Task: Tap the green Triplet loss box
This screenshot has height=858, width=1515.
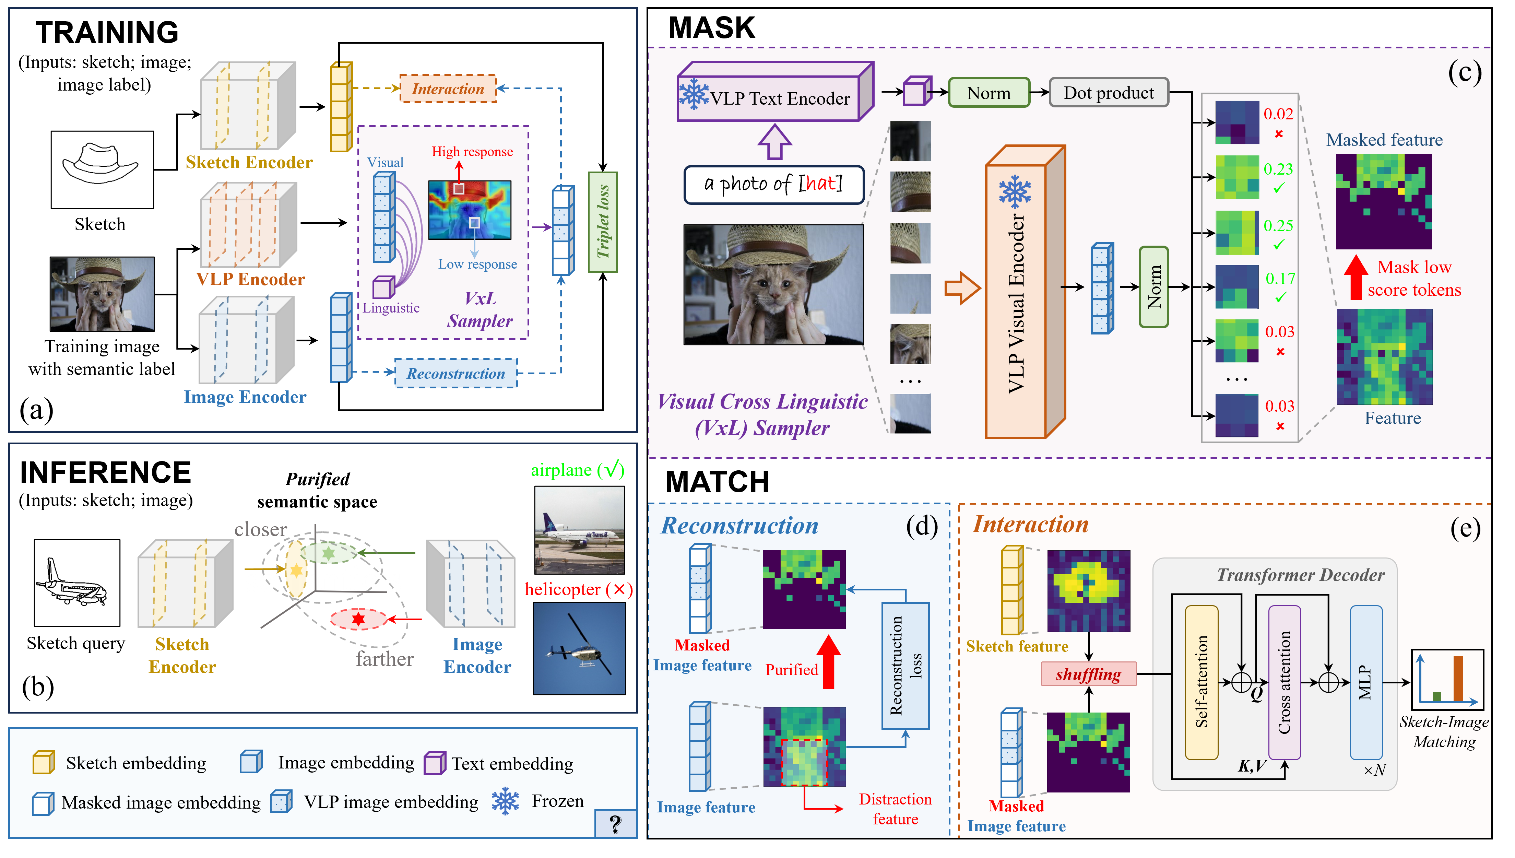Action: point(603,222)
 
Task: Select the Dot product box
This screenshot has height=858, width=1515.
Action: point(1109,93)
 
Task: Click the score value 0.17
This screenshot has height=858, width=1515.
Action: point(1280,279)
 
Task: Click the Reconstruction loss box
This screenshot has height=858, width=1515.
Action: point(906,666)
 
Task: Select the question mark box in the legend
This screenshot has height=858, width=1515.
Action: point(616,823)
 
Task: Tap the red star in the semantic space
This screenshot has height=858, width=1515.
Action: point(358,619)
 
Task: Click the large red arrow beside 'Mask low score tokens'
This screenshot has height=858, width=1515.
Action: point(1356,277)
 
